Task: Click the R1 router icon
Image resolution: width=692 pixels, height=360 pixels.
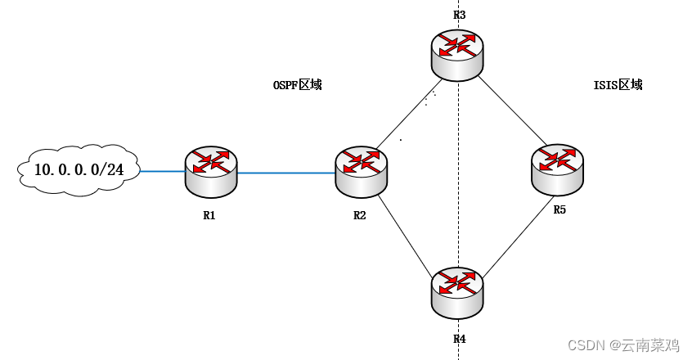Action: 211,173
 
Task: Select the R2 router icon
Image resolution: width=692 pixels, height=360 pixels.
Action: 362,173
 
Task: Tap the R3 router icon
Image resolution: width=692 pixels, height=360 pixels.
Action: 457,55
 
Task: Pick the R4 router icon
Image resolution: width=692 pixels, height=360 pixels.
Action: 457,293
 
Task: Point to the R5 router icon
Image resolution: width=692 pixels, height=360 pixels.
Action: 557,170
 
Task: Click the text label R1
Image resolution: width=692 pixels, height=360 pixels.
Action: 209,215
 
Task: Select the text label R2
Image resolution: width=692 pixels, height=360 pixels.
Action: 360,215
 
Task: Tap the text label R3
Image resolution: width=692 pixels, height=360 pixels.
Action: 460,15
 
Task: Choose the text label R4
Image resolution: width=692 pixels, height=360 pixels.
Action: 460,339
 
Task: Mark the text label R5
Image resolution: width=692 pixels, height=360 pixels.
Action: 559,209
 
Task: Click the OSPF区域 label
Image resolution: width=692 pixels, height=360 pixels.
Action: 298,85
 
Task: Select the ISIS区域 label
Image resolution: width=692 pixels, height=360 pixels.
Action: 618,85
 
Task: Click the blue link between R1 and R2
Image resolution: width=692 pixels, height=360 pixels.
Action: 286,173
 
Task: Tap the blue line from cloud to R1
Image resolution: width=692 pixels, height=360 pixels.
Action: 163,171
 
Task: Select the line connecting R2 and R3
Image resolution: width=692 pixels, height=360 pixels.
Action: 409,114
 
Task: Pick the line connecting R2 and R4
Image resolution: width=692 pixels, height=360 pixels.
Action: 405,235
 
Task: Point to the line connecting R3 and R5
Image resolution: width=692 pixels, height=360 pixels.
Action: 513,110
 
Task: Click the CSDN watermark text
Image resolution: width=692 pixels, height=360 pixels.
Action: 623,345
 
